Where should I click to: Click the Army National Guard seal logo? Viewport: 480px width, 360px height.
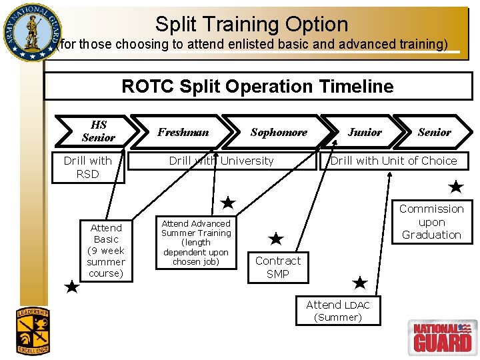tap(30, 31)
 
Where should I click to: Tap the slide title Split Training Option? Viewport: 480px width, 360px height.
tap(251, 25)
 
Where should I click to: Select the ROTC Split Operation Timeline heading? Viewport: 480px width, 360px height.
tap(257, 87)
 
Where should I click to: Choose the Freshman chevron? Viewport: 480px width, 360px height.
tap(183, 132)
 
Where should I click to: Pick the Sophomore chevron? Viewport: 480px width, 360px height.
tap(279, 132)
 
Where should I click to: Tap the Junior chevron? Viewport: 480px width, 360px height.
tap(365, 132)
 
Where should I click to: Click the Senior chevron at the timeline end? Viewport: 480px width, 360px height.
tap(434, 132)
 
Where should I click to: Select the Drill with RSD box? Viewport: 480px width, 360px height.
tap(87, 167)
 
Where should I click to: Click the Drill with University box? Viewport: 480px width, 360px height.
tap(221, 161)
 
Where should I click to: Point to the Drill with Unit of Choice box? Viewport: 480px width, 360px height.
tap(393, 161)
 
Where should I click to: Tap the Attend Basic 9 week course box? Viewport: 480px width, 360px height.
tap(106, 251)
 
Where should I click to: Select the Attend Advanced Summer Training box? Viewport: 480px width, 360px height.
tap(196, 243)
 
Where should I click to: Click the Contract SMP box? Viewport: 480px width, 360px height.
tap(278, 267)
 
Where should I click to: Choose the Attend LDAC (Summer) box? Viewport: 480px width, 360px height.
tap(338, 311)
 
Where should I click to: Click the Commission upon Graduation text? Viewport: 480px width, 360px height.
tap(431, 222)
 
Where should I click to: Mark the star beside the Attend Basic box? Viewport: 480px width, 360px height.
tap(72, 288)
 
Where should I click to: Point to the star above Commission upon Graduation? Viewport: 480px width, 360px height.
tap(455, 187)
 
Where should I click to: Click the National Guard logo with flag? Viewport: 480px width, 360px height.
tap(443, 337)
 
